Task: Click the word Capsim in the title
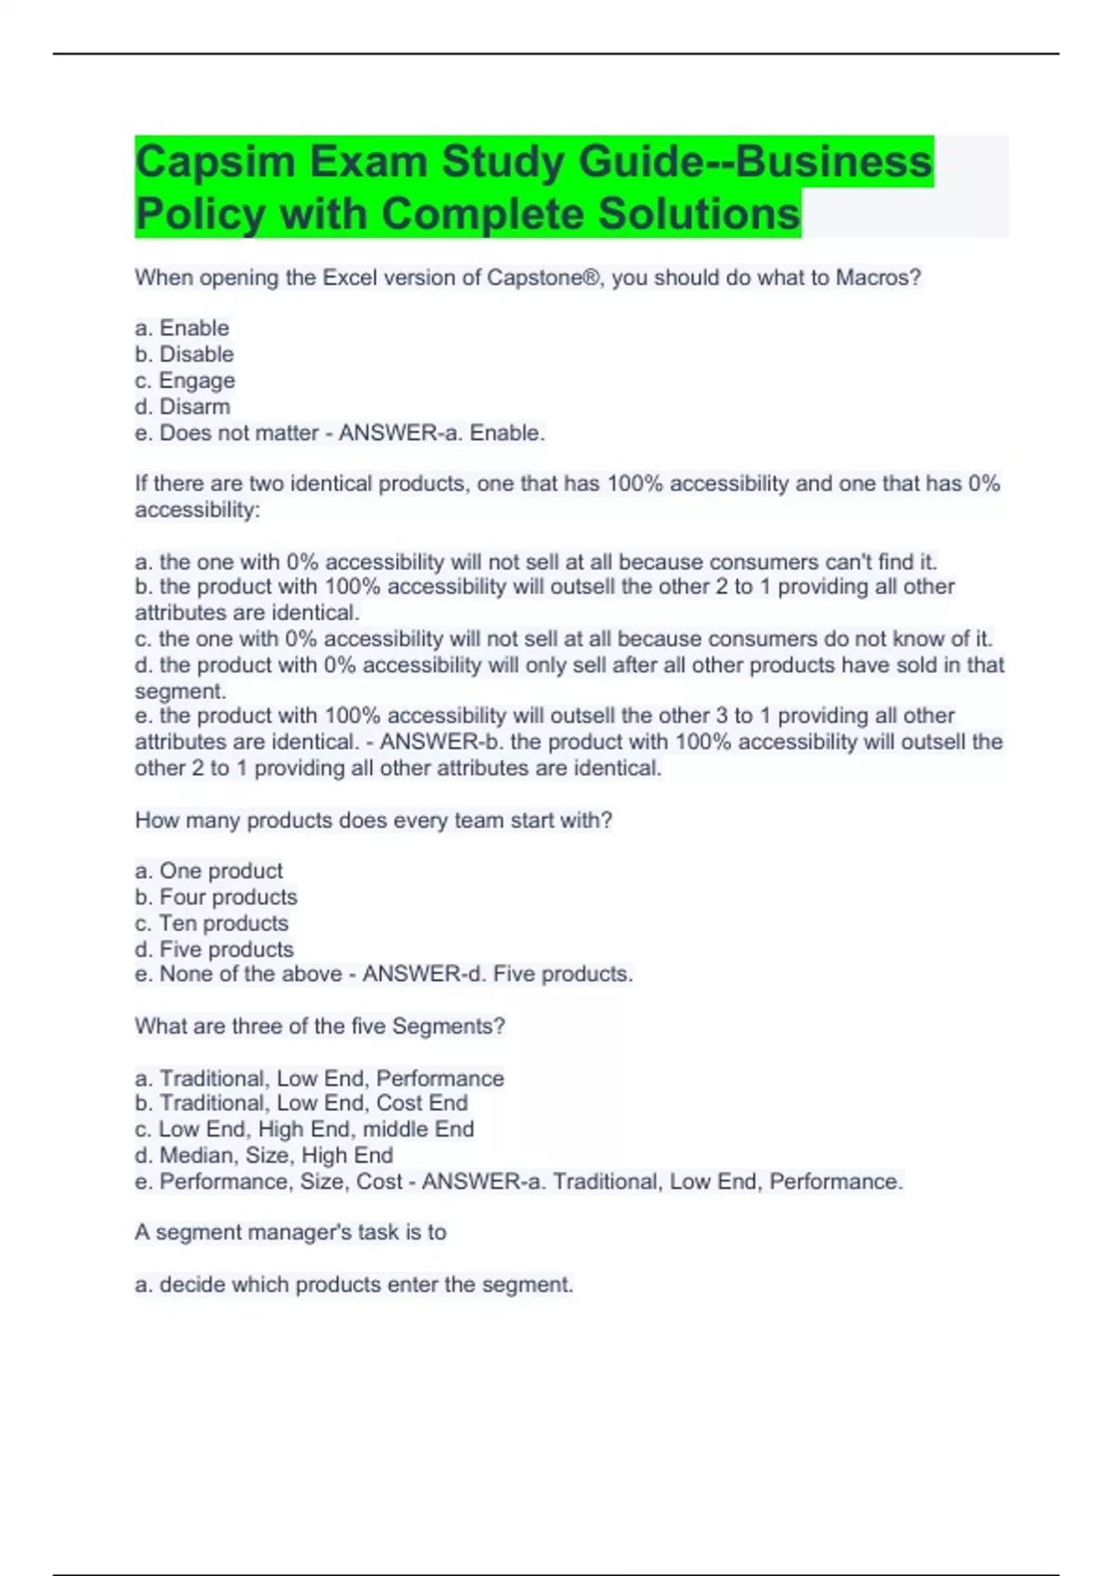(215, 162)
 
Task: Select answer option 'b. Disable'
(185, 354)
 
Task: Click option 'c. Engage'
(185, 380)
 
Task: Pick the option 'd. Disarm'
(183, 406)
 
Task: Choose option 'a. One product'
(209, 871)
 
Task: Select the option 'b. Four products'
(216, 896)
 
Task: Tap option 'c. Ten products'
(211, 922)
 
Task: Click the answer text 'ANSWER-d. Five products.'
(497, 973)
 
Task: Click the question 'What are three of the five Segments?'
(320, 1026)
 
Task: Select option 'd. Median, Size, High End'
(264, 1155)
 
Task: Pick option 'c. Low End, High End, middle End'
(304, 1129)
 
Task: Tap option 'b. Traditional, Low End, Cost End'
(301, 1103)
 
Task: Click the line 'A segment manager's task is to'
(290, 1232)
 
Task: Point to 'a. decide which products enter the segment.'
(354, 1284)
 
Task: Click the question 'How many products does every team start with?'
(374, 820)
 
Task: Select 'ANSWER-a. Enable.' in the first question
(441, 433)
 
